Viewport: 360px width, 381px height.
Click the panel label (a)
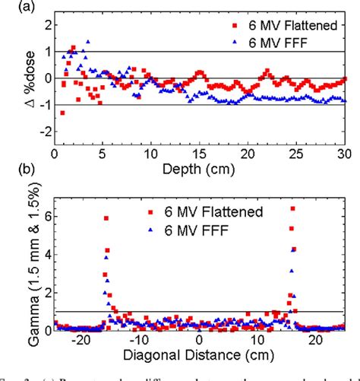tap(11, 8)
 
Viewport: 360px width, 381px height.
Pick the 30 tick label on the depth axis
tap(343, 151)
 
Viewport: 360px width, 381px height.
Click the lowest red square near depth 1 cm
tap(62, 113)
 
